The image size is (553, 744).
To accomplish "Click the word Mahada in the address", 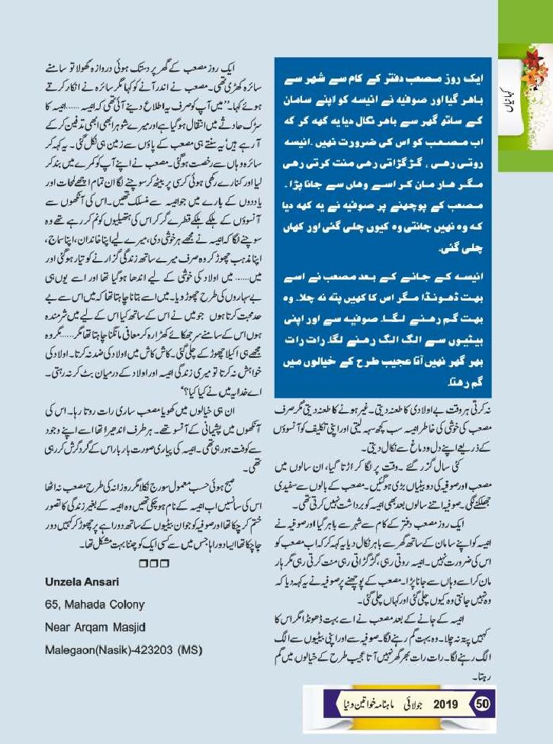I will coord(82,604).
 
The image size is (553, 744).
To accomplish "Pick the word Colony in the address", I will coord(124,604).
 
